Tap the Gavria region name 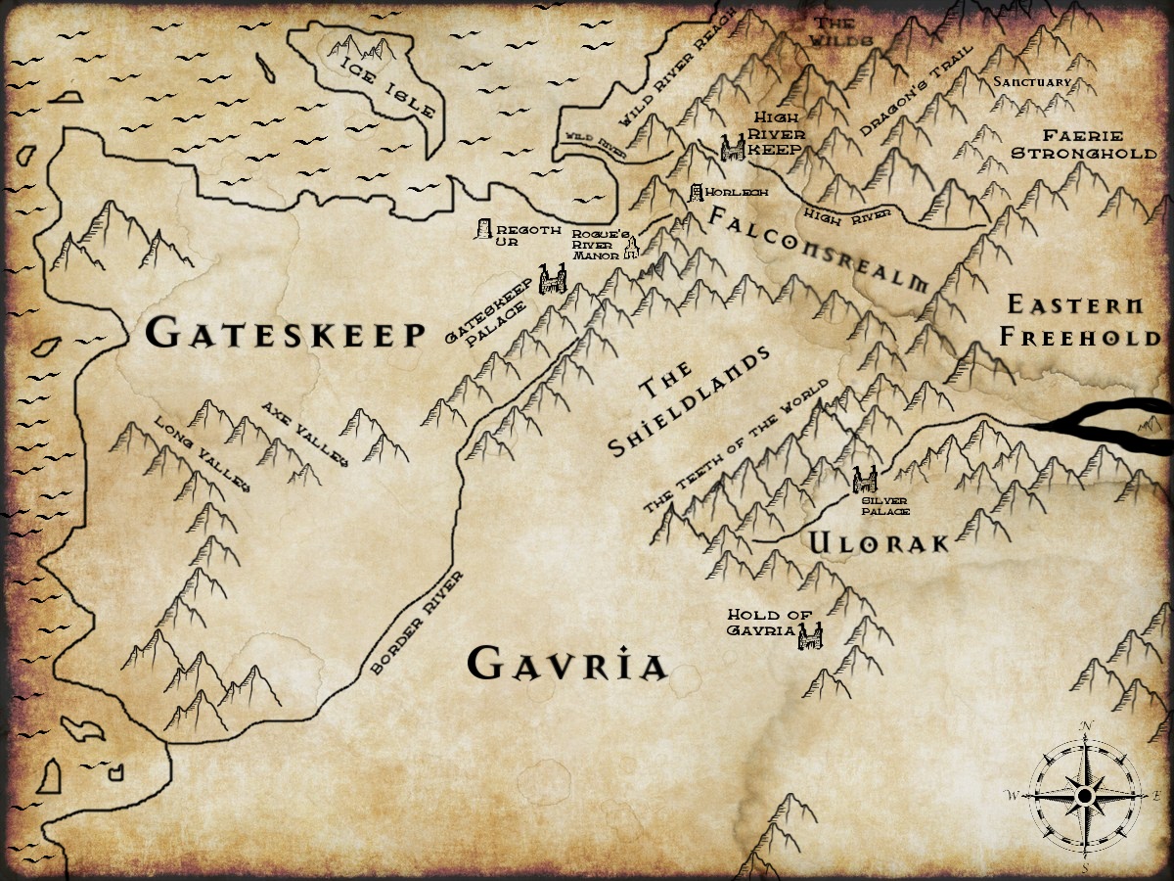coord(567,665)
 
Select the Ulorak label coord(878,542)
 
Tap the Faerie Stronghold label coord(1082,145)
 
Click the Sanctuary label coord(1032,82)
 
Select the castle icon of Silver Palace coord(863,479)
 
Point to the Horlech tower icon coord(697,193)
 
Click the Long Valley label coord(203,454)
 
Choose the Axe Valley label coord(304,433)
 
